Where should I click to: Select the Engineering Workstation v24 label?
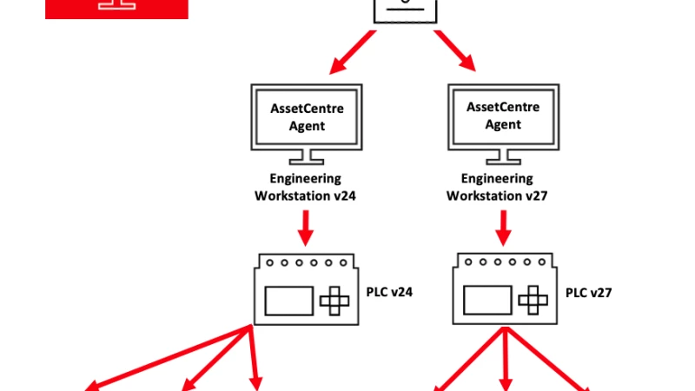point(305,187)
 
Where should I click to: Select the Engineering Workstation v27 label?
point(503,187)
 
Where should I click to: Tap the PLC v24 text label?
point(388,292)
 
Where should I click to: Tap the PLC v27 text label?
point(589,293)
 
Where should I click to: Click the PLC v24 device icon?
point(305,292)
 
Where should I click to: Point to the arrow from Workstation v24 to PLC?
point(305,229)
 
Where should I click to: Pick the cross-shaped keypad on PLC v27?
point(533,301)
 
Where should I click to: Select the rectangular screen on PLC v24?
point(288,301)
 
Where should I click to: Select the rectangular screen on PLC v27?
point(486,301)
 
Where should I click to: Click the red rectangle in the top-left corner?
point(116,9)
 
